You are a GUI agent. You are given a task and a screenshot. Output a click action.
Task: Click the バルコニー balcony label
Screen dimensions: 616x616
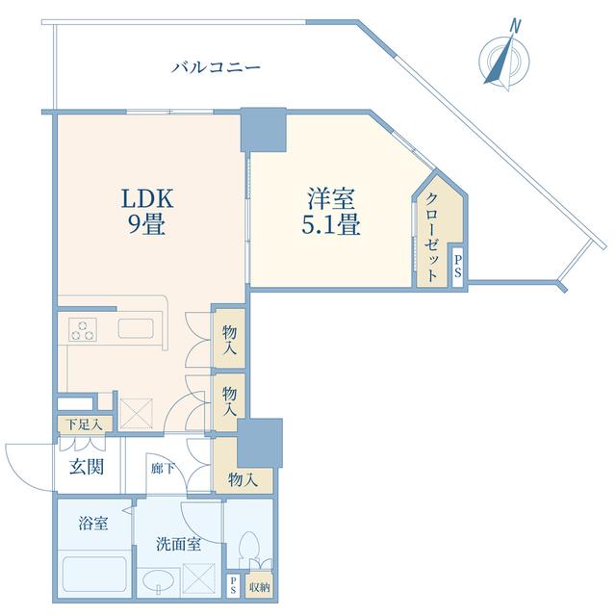click(x=216, y=66)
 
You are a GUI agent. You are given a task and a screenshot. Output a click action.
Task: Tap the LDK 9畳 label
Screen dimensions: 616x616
click(x=146, y=212)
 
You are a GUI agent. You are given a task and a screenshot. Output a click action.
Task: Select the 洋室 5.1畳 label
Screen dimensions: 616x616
click(x=331, y=212)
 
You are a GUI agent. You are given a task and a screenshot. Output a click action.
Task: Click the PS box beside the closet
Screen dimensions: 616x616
click(x=458, y=267)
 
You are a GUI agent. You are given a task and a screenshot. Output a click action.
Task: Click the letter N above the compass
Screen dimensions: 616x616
click(x=515, y=26)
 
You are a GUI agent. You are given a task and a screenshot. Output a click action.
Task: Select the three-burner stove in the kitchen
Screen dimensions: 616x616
click(x=83, y=329)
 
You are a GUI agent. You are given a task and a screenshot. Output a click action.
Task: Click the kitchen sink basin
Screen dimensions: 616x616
click(x=136, y=328)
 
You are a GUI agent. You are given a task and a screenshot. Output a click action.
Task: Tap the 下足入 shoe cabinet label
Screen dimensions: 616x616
click(x=84, y=424)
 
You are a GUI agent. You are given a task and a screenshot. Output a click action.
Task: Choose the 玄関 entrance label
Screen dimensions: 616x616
click(x=87, y=467)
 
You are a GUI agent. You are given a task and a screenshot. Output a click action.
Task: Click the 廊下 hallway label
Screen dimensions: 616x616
click(x=163, y=469)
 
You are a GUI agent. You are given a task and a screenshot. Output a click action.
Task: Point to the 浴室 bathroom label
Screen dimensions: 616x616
click(x=92, y=524)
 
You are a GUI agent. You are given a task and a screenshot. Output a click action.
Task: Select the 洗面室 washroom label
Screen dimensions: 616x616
click(x=179, y=545)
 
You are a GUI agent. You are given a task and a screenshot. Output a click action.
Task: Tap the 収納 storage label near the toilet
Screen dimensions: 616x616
click(x=260, y=587)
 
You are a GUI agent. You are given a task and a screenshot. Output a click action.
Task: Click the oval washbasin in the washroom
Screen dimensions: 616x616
click(x=159, y=583)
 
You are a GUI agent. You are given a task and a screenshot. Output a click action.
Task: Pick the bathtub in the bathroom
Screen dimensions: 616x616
click(x=94, y=575)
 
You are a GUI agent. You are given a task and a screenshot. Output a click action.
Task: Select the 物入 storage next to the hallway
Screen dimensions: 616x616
click(x=244, y=480)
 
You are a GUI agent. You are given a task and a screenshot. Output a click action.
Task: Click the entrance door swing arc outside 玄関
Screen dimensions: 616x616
click(x=18, y=471)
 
